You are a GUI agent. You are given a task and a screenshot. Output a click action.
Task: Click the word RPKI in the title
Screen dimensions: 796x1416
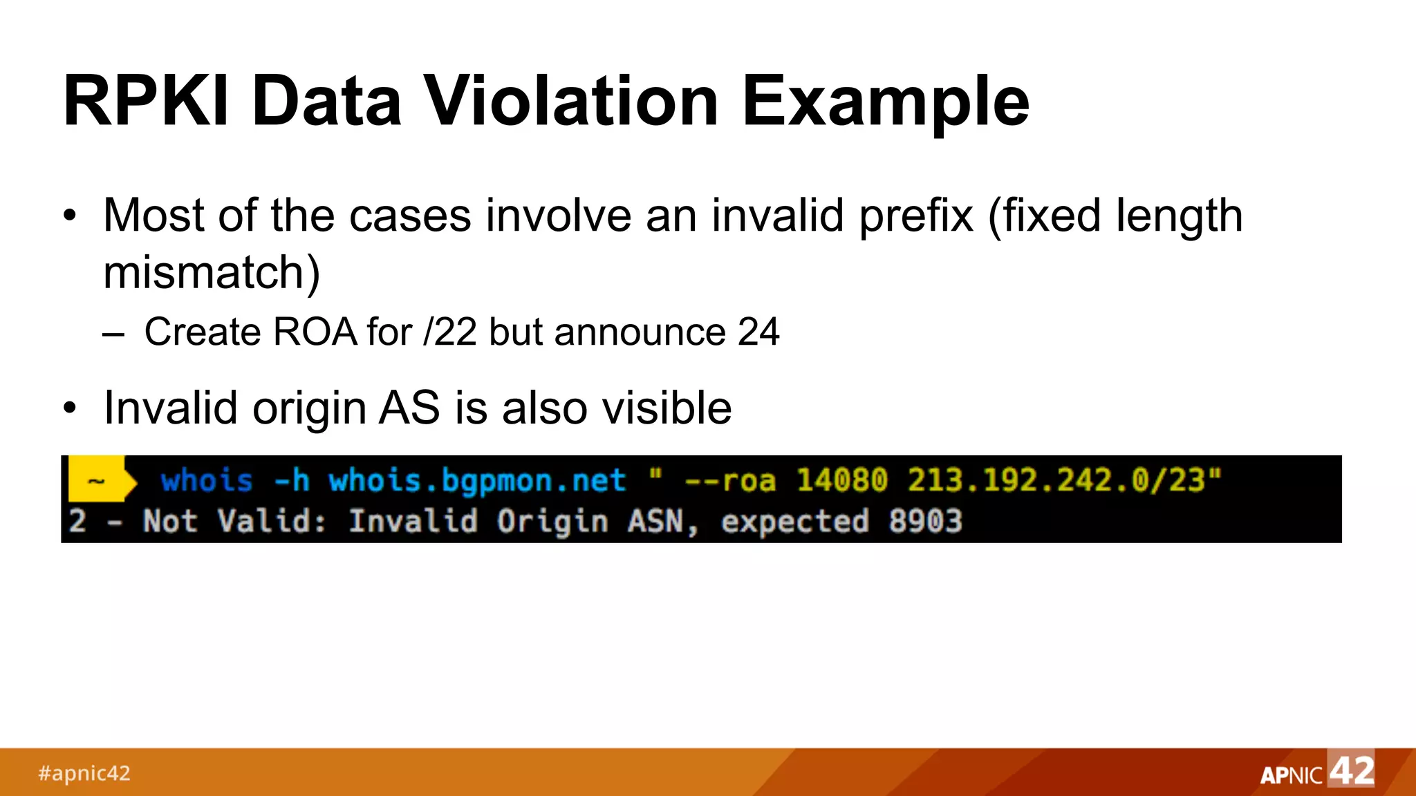145,102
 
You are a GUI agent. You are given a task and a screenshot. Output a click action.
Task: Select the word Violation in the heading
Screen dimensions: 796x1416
571,102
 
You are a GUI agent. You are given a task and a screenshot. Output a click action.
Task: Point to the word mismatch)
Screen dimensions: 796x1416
212,272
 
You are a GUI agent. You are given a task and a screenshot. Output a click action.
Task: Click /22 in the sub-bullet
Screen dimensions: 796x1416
450,332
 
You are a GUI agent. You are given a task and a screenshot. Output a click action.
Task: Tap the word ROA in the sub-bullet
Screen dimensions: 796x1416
315,332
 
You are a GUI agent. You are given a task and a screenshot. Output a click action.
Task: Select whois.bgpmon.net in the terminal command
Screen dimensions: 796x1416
477,480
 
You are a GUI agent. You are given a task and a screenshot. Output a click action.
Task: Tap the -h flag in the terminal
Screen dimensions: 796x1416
291,480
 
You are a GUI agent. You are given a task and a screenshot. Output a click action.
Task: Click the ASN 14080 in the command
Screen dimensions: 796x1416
841,480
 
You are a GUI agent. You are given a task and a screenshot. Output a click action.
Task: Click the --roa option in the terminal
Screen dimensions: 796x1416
729,480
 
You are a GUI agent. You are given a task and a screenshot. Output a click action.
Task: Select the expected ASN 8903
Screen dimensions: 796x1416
925,521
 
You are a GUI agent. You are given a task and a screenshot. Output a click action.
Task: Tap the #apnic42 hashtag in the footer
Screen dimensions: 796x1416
84,773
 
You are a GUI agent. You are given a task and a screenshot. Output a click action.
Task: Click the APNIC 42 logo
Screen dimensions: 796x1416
1316,772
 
